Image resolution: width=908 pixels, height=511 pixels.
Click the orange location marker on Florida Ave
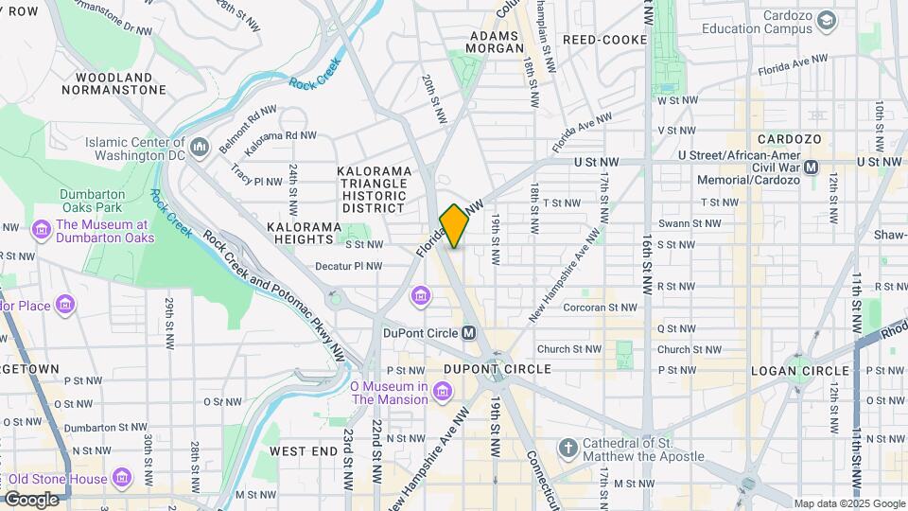click(454, 226)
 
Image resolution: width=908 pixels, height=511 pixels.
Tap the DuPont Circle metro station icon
click(468, 333)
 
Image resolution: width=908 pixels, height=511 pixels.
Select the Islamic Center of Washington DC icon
click(200, 148)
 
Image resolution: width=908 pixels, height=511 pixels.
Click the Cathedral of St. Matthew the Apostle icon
click(567, 447)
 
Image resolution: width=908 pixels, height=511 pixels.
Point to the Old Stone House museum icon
click(122, 478)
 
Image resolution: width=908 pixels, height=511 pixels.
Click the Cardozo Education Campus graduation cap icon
click(826, 20)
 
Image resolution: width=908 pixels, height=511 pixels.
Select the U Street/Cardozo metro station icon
click(811, 167)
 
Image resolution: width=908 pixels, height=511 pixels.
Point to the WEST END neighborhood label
click(303, 451)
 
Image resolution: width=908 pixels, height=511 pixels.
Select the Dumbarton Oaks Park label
click(92, 200)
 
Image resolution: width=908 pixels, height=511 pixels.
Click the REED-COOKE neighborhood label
click(604, 40)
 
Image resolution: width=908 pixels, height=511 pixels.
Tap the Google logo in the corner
click(31, 499)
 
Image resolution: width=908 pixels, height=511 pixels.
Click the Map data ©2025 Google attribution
click(848, 503)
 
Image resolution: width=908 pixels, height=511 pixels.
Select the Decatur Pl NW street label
click(348, 266)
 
